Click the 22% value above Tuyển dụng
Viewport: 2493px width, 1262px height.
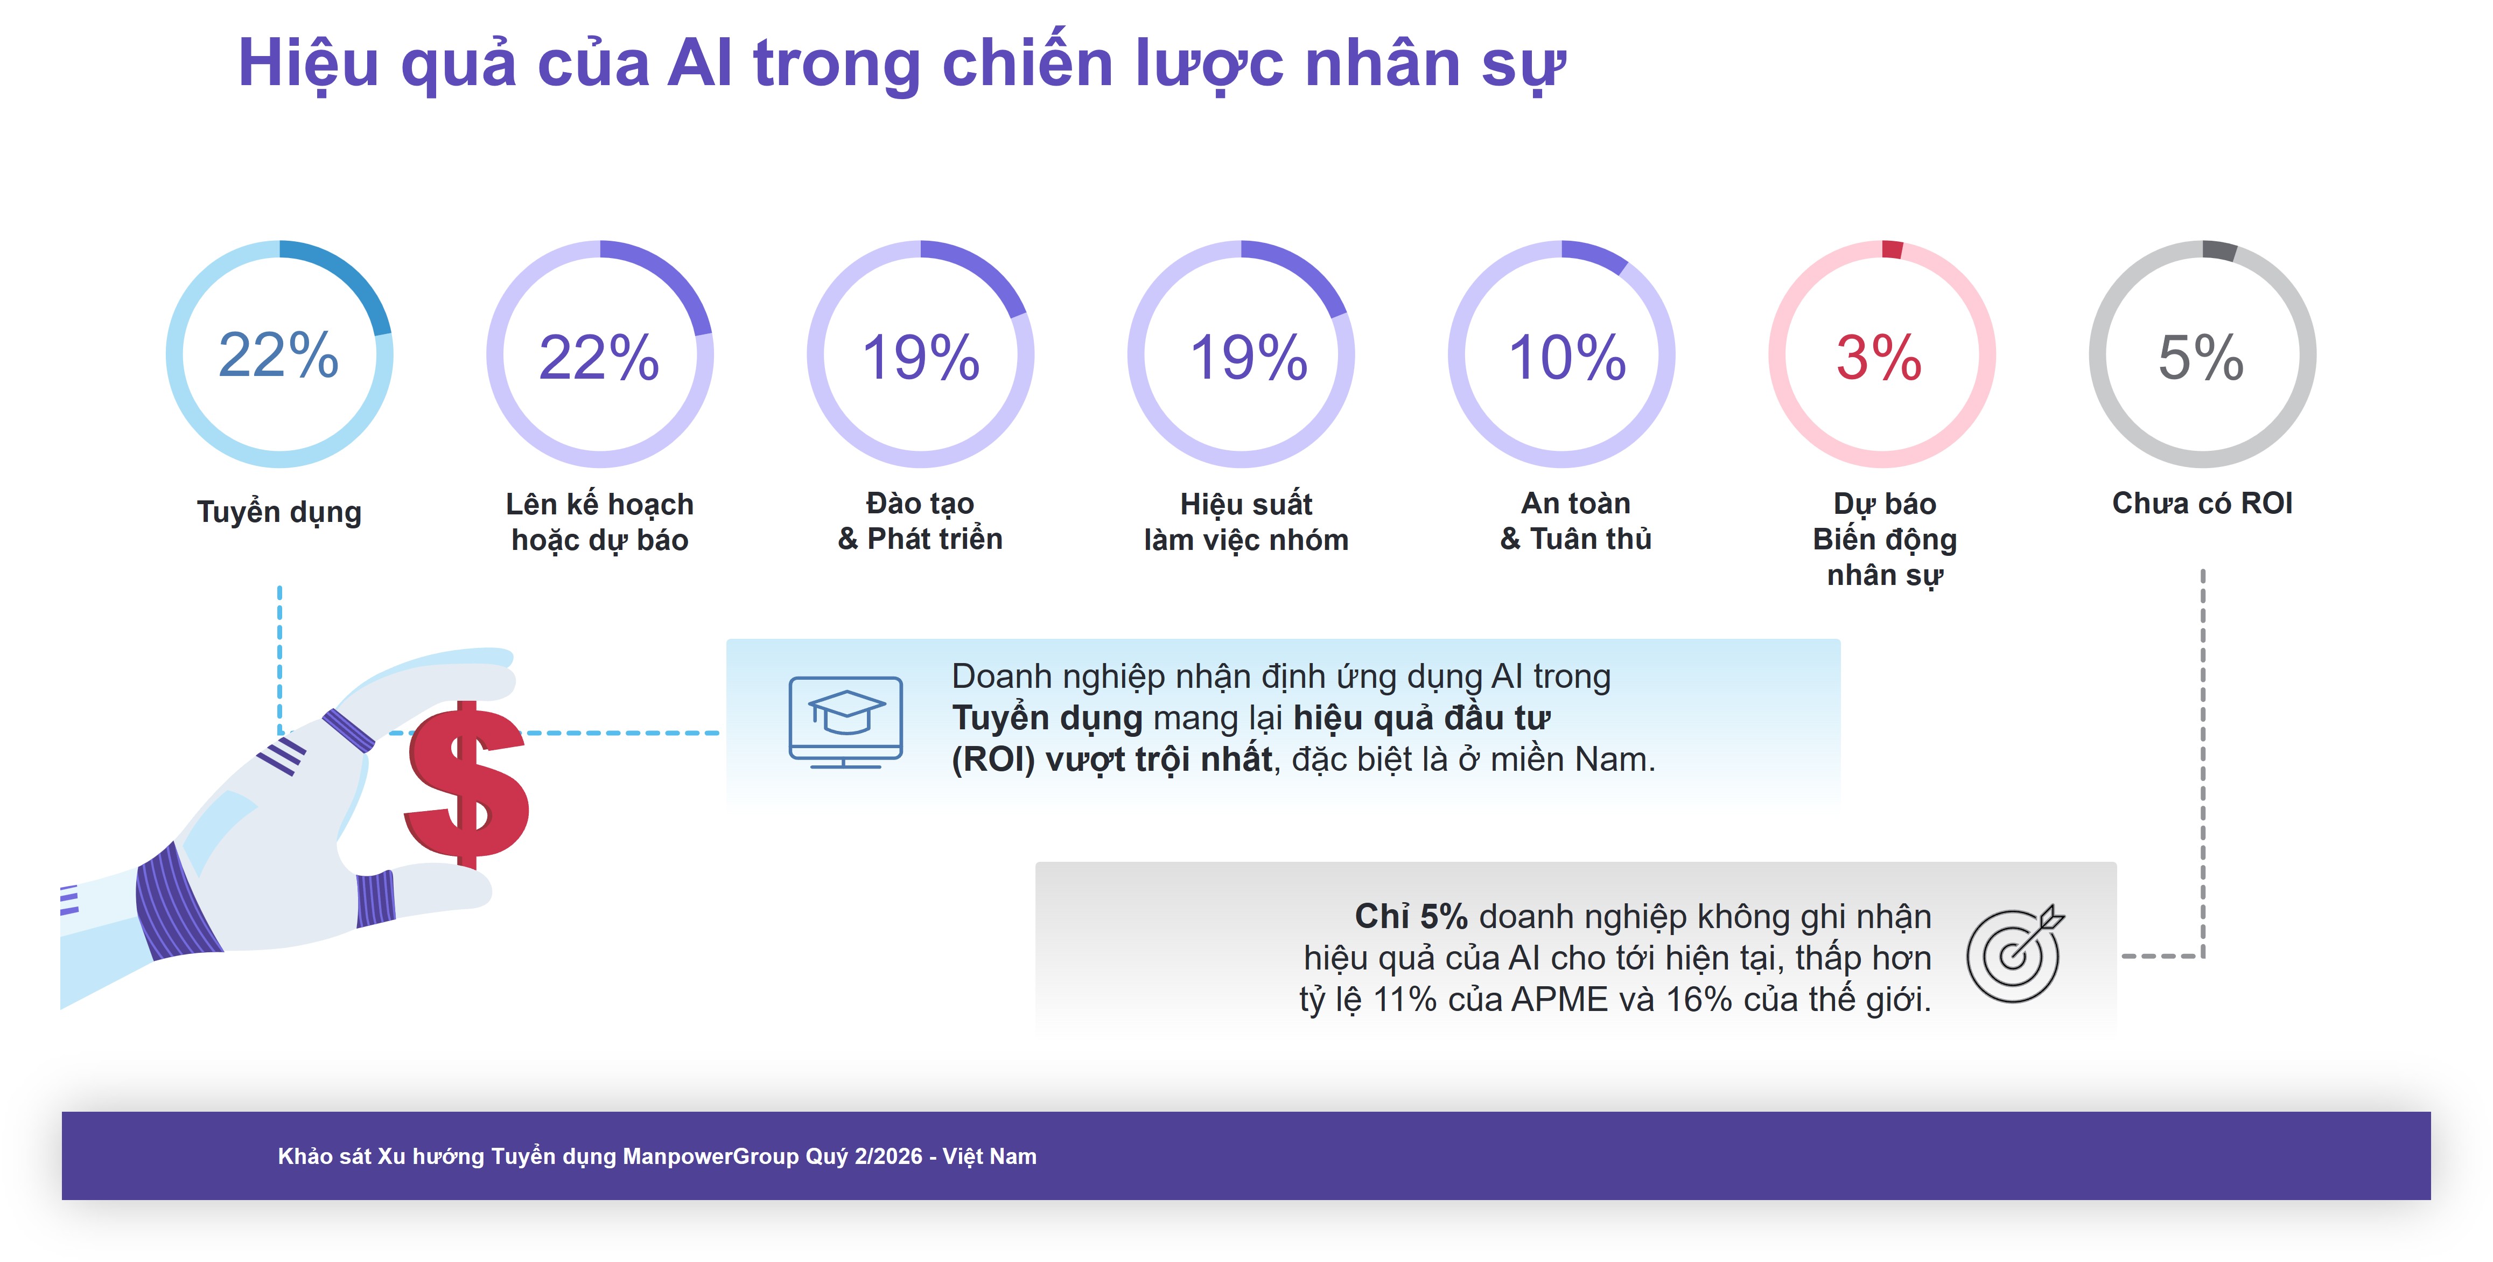click(279, 354)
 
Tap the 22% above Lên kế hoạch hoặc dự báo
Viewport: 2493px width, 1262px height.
click(599, 357)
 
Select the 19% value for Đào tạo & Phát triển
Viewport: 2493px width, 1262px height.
click(920, 357)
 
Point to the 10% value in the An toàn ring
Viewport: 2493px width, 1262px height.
click(1567, 357)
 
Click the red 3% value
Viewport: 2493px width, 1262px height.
click(1879, 357)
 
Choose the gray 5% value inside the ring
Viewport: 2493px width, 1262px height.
click(2201, 357)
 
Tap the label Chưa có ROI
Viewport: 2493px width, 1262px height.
click(2202, 503)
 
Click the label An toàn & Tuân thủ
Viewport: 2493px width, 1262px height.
click(1575, 521)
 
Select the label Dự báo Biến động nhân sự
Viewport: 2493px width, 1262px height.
click(1884, 539)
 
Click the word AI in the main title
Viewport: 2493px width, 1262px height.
click(699, 63)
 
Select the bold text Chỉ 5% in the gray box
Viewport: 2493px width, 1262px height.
click(1411, 916)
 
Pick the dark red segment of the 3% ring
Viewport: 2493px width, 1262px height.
click(1892, 249)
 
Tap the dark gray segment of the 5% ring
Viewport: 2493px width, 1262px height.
click(2219, 250)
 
